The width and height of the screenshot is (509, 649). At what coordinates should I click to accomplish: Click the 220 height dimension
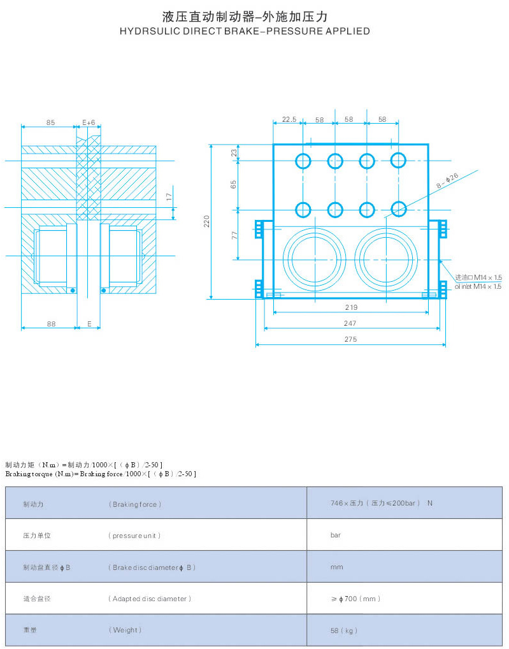click(x=206, y=221)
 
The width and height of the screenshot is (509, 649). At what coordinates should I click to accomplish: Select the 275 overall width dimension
click(x=350, y=340)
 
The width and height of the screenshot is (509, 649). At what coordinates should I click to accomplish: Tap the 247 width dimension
click(x=350, y=323)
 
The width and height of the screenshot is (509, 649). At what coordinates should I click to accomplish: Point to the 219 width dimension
click(x=350, y=307)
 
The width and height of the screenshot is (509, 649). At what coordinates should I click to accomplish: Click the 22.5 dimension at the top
click(x=289, y=119)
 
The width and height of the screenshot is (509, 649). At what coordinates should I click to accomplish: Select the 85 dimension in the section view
click(x=50, y=122)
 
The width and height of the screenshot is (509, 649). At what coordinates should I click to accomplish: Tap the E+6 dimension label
click(x=89, y=122)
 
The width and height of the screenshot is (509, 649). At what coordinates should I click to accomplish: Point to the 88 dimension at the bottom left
click(x=50, y=324)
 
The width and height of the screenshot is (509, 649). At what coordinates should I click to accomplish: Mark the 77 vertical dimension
click(x=234, y=235)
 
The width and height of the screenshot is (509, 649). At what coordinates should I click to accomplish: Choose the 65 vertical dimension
click(x=234, y=184)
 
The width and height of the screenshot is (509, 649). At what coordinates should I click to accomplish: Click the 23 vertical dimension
click(x=234, y=152)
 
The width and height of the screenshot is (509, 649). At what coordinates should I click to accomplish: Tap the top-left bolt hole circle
click(x=303, y=161)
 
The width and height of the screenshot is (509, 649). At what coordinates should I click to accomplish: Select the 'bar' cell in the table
click(x=335, y=536)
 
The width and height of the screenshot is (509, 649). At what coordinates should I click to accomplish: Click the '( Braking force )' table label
click(x=134, y=504)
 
